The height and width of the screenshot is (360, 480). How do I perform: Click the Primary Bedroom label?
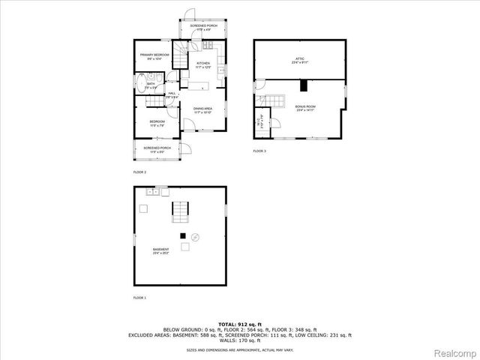tap(155, 56)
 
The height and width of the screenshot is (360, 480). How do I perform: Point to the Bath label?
tap(151, 85)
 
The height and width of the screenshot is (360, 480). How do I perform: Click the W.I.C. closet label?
tap(260, 121)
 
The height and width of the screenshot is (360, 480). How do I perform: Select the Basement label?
tap(161, 250)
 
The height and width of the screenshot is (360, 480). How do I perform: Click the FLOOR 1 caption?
tap(139, 298)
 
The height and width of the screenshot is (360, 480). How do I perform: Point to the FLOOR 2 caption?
tap(139, 172)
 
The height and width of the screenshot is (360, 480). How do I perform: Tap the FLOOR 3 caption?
tap(259, 151)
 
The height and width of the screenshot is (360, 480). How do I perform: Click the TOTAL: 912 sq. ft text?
tap(240, 323)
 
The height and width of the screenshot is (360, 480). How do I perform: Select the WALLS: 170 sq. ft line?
tap(240, 340)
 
